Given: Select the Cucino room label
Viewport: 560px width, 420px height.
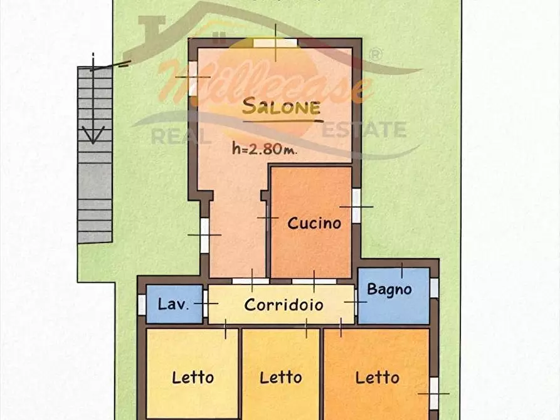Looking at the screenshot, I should (x=314, y=223).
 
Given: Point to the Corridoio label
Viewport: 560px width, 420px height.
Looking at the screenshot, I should (x=283, y=305).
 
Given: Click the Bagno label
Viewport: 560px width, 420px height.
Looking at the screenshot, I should (x=389, y=289).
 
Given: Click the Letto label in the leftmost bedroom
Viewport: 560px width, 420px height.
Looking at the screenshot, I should (x=193, y=377).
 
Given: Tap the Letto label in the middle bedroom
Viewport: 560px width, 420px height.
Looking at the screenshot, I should (x=281, y=377).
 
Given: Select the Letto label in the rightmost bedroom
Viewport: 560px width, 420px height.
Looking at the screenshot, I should (x=378, y=377).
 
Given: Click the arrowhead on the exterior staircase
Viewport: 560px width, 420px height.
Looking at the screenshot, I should (x=93, y=135).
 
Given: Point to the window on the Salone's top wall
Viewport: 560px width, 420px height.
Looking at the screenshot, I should (x=275, y=42).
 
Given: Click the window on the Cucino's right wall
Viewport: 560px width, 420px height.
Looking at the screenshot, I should (x=356, y=206).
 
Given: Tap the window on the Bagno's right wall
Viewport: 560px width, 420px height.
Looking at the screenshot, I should (x=434, y=288).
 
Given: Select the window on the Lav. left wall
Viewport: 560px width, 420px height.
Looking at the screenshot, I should (x=142, y=304).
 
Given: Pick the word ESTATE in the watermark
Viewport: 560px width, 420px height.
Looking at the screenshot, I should (x=364, y=130).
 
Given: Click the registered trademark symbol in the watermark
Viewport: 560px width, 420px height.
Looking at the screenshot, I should (x=376, y=55).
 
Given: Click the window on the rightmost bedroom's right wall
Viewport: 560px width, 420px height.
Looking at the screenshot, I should (x=434, y=393).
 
